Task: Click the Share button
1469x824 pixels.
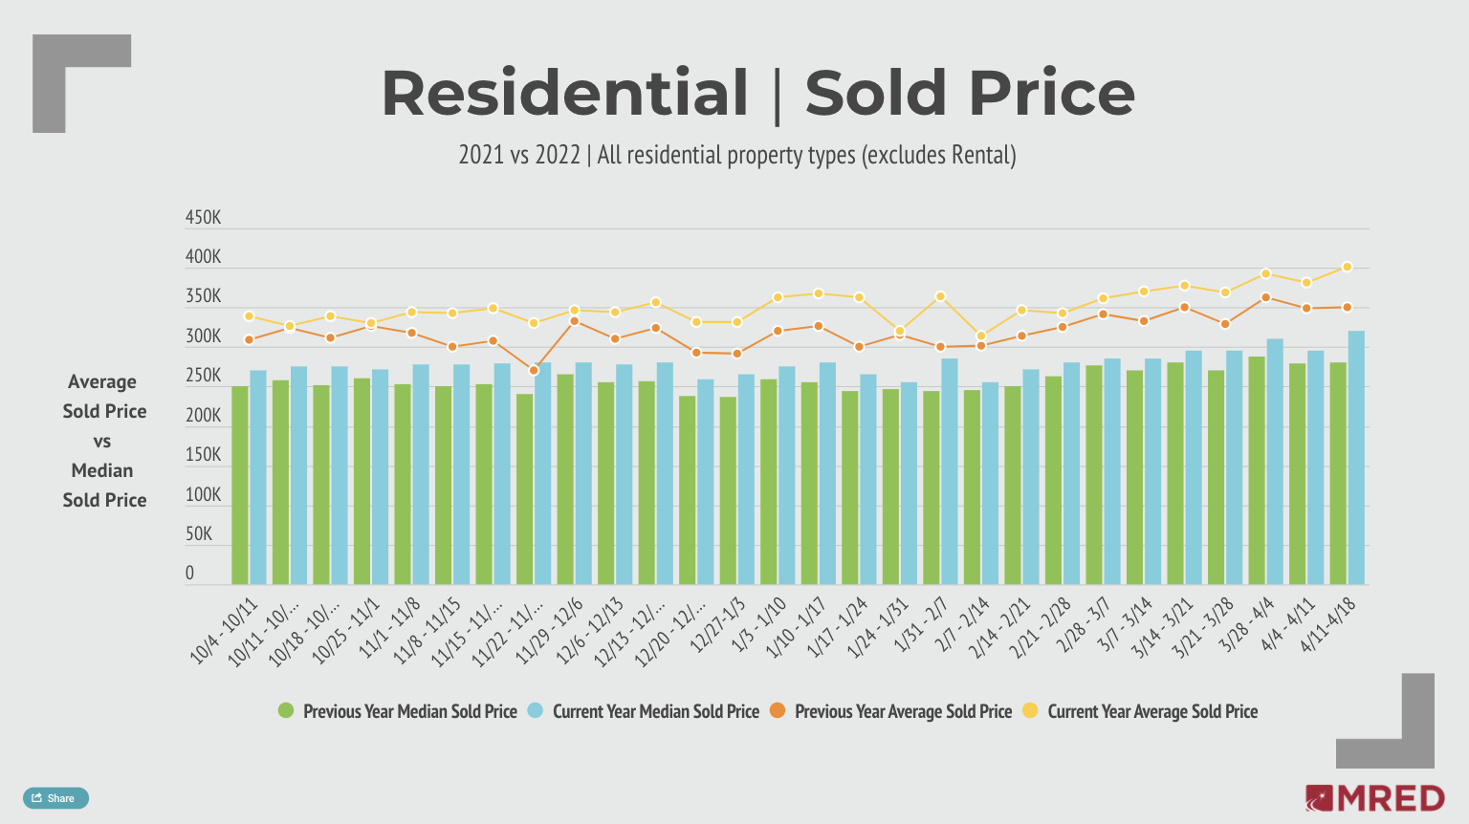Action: tap(55, 798)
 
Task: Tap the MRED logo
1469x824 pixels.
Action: tap(1374, 798)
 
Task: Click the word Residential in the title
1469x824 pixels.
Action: tap(564, 94)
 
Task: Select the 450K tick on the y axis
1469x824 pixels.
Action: tap(203, 218)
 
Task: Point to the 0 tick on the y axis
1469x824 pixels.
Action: tap(189, 574)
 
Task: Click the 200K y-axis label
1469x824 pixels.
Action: tap(203, 416)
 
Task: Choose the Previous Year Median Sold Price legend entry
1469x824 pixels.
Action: tap(398, 711)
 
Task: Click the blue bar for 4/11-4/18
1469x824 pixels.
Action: tap(1356, 458)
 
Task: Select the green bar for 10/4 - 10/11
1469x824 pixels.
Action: tap(240, 486)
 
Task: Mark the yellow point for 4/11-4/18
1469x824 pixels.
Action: tap(1347, 268)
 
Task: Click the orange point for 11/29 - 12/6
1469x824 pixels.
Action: tap(574, 321)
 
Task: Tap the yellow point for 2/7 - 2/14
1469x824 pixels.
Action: tap(980, 336)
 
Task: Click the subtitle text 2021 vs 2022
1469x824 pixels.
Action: tap(519, 155)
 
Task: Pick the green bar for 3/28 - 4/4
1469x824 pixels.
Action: tap(1257, 470)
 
